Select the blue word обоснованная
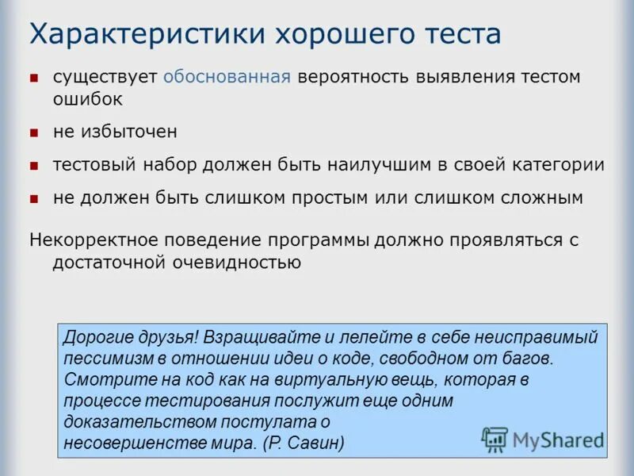(227, 77)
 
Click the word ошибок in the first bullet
(88, 99)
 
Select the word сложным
(537, 198)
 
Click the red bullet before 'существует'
(34, 78)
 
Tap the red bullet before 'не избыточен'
(34, 132)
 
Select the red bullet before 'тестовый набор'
(34, 166)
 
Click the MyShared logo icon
(495, 439)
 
